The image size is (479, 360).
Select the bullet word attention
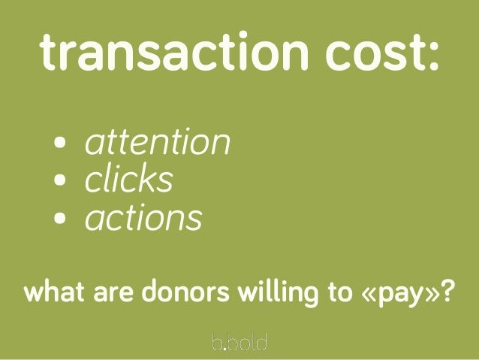pyautogui.click(x=156, y=142)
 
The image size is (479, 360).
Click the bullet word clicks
pyautogui.click(x=128, y=180)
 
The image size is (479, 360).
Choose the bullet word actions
pyautogui.click(x=143, y=219)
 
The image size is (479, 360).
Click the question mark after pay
pyautogui.click(x=447, y=291)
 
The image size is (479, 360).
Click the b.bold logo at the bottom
pyautogui.click(x=239, y=342)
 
